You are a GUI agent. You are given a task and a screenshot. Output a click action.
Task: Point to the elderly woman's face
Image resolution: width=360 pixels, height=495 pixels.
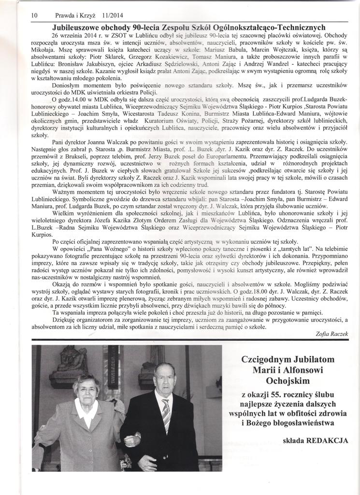click(x=86, y=389)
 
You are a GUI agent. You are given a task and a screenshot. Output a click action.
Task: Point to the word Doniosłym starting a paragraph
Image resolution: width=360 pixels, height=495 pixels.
click(x=67, y=85)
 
